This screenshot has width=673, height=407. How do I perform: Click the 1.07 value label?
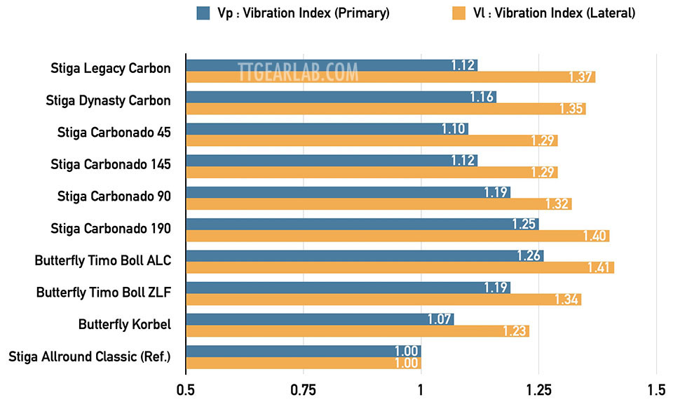[440, 319]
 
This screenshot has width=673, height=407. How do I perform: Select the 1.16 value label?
[482, 97]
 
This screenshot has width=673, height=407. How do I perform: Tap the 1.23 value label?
[515, 331]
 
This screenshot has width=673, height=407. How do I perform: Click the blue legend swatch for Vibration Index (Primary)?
[203, 13]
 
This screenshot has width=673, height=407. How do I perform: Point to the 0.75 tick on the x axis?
[304, 388]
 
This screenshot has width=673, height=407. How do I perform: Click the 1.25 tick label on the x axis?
[538, 388]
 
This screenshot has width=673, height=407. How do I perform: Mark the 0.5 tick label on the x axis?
[186, 388]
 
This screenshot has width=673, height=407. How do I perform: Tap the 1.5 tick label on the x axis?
[655, 388]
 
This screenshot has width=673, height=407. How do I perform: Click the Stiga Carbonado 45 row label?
[114, 132]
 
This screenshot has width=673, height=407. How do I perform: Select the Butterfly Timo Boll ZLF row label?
[104, 291]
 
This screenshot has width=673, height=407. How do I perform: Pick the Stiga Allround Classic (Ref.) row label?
[90, 356]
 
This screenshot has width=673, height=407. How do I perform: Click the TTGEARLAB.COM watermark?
[298, 72]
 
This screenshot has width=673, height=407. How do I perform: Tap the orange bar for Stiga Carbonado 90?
[379, 204]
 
